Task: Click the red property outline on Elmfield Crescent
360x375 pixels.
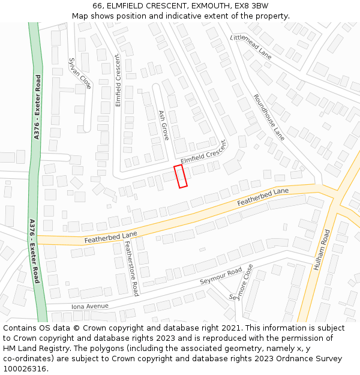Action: [x=181, y=176]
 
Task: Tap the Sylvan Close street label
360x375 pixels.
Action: [x=80, y=73]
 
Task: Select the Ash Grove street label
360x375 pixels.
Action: [x=163, y=125]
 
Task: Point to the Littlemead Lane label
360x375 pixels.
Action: [x=251, y=46]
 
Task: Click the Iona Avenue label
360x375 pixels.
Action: [x=90, y=306]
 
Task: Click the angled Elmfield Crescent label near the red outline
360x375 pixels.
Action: [x=205, y=152]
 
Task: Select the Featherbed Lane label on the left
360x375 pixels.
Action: [x=111, y=237]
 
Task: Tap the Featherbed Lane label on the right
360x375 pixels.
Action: [x=263, y=197]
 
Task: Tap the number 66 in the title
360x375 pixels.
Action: [x=98, y=5]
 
